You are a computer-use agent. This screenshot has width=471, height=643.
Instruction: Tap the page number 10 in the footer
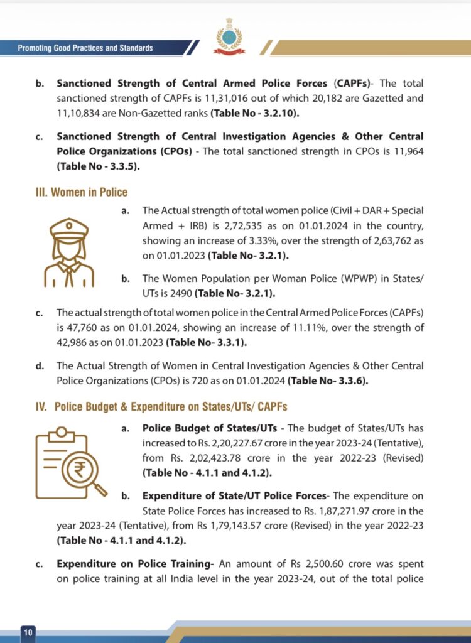(x=28, y=632)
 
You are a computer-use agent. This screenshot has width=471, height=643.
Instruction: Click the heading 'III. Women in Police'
(x=81, y=192)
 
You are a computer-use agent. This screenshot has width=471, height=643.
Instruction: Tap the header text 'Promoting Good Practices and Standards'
(x=85, y=48)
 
